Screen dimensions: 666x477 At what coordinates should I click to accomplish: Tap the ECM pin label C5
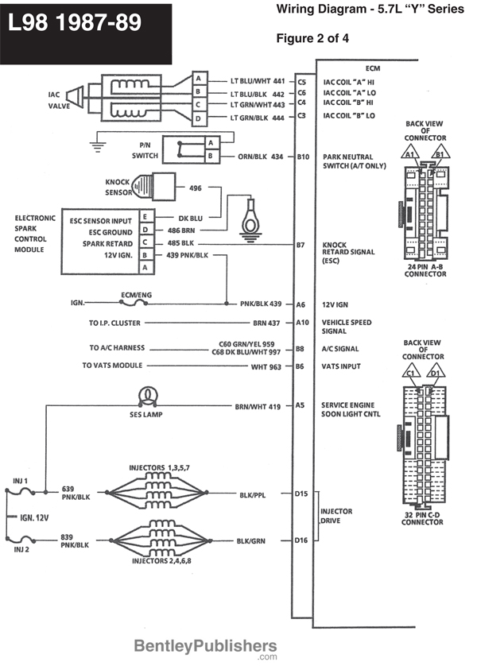pos(301,81)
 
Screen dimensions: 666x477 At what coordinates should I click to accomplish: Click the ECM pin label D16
pos(301,540)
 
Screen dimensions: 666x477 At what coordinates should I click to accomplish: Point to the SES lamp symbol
pos(147,394)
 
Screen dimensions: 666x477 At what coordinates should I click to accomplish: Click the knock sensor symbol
pos(152,188)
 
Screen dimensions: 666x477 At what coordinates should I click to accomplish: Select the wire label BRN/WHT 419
pos(258,406)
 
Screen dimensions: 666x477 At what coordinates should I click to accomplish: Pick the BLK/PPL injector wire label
pos(252,494)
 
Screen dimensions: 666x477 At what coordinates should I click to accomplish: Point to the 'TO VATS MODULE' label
pos(112,366)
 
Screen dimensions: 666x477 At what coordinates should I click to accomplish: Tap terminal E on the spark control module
pos(145,216)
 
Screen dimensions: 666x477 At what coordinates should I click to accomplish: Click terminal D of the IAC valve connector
pos(198,118)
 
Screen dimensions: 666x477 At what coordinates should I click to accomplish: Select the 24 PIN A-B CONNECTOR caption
pos(425,271)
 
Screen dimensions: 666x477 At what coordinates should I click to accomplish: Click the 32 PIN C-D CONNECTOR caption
pos(422,519)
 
